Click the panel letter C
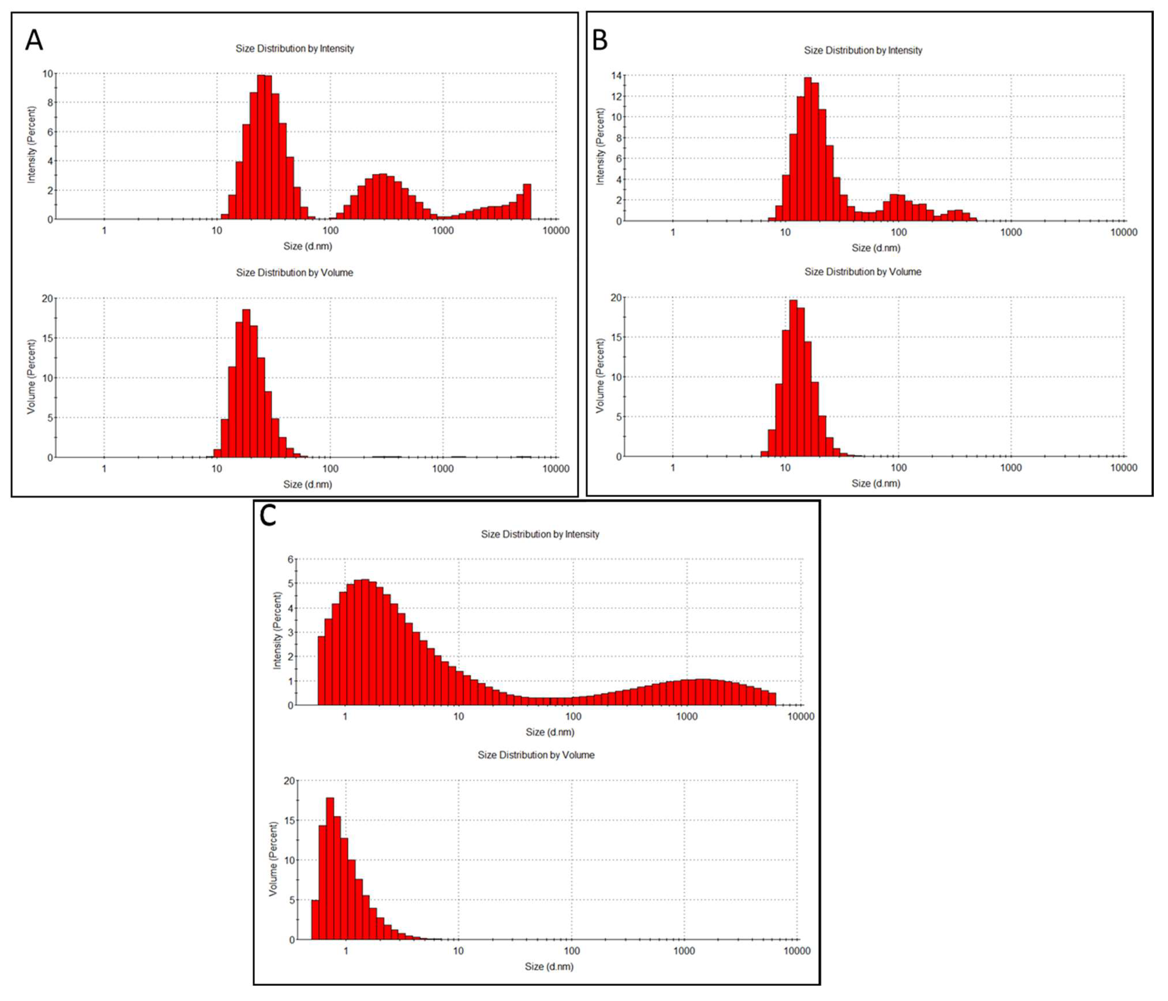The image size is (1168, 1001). [268, 516]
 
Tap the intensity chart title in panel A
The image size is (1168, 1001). [294, 48]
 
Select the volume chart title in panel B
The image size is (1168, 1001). [862, 272]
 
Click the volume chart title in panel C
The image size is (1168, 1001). [536, 755]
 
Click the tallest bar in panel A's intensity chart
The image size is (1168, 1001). [261, 147]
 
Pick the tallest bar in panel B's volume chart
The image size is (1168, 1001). [793, 378]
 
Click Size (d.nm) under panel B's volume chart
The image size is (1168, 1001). [875, 483]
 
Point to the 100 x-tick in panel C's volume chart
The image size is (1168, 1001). [572, 951]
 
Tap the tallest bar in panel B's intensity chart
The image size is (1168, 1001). [807, 149]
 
